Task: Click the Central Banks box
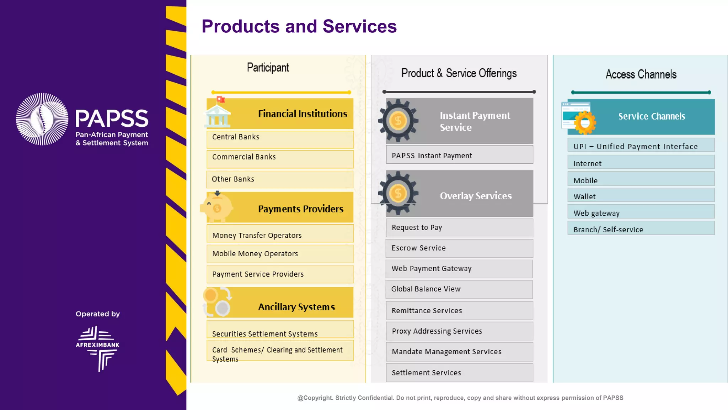[x=280, y=139]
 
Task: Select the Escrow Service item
[x=459, y=248]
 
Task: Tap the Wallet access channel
[x=641, y=196]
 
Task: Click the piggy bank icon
[x=216, y=207]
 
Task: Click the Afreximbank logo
[x=97, y=348]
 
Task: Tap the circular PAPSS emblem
[x=42, y=119]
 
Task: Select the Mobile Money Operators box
[x=280, y=254]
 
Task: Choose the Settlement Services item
[x=459, y=373]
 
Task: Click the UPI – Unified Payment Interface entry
[x=641, y=146]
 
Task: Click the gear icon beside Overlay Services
[x=398, y=194]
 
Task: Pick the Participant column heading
[x=268, y=68]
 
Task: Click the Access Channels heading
[x=641, y=74]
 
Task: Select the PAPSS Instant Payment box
[x=459, y=155]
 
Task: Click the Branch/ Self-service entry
[x=641, y=229]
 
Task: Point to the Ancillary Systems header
[x=296, y=306]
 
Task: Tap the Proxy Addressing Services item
[x=459, y=331]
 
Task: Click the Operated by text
[x=97, y=314]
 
